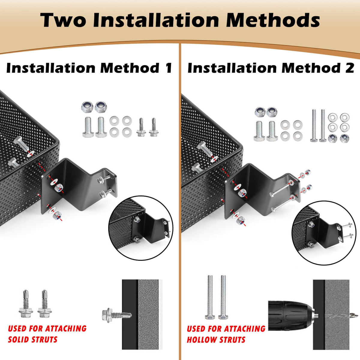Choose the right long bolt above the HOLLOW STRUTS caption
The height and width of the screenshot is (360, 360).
click(223, 297)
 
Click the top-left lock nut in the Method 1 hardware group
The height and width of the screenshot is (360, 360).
click(87, 107)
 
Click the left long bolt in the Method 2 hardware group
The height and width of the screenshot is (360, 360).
click(314, 125)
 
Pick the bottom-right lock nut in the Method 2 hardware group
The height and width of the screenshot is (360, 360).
click(344, 138)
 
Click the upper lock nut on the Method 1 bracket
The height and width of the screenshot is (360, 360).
click(59, 188)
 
